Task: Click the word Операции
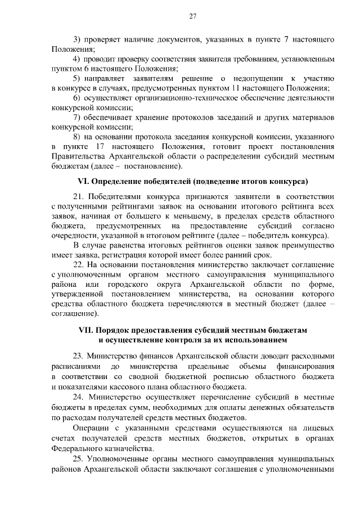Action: pos(92,429)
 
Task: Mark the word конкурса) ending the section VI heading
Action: pos(289,182)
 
